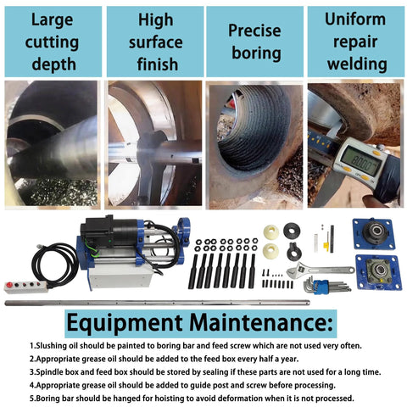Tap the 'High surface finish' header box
(x=154, y=40)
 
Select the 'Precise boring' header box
(x=254, y=40)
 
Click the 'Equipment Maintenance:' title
(x=202, y=324)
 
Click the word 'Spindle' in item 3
(x=52, y=372)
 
